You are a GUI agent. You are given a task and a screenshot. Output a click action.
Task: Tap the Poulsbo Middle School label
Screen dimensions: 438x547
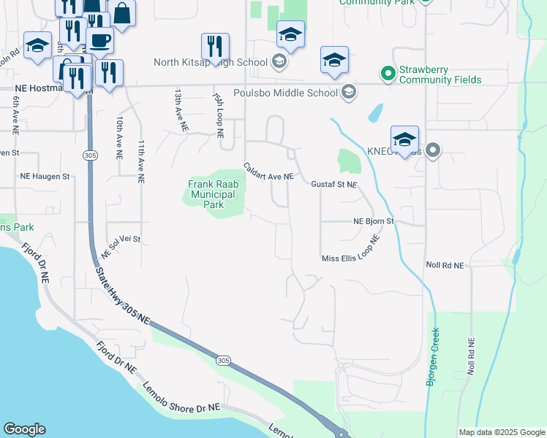point(285,93)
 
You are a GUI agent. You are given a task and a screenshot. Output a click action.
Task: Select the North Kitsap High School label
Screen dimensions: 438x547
point(210,62)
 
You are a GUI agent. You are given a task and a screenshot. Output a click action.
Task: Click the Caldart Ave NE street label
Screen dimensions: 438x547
point(268,172)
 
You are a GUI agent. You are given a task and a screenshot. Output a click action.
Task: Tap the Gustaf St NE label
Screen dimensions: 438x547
point(334,185)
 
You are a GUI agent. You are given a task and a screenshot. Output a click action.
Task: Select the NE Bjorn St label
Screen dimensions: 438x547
point(374,220)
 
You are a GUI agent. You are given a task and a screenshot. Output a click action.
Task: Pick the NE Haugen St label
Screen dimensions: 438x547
point(45,177)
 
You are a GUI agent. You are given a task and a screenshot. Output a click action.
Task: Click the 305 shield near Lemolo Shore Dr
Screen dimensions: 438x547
point(223,361)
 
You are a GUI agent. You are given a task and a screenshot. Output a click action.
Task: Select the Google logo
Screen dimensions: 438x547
point(24,429)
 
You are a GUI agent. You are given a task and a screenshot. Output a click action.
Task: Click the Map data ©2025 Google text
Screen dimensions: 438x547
point(501,432)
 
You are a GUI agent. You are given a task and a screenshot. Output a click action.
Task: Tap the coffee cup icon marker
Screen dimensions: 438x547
point(99,41)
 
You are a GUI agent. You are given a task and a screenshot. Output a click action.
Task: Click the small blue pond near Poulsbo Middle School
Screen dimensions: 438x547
point(374,112)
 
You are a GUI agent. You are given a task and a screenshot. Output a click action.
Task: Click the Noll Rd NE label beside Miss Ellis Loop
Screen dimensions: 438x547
point(444,266)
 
